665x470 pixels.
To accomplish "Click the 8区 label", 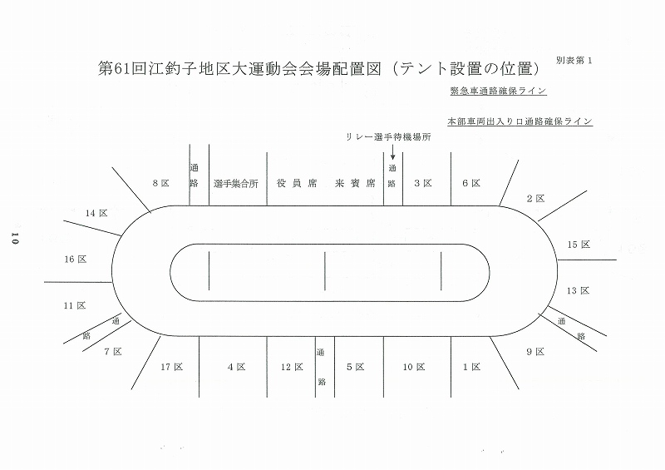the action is pyautogui.click(x=161, y=183).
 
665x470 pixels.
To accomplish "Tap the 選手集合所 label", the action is pyautogui.click(x=236, y=184).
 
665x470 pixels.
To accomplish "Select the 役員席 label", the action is pyautogui.click(x=297, y=183).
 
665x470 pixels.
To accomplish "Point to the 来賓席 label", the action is pyautogui.click(x=355, y=183).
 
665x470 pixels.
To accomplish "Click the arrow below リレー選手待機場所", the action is pyautogui.click(x=392, y=152).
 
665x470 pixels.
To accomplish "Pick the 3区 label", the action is pyautogui.click(x=423, y=183).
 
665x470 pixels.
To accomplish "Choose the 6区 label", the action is pyautogui.click(x=471, y=183).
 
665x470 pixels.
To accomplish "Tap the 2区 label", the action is pyautogui.click(x=535, y=199).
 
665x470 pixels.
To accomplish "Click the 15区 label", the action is pyautogui.click(x=579, y=245).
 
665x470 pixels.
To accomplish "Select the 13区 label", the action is pyautogui.click(x=579, y=291).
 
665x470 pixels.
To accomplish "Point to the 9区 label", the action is pyautogui.click(x=535, y=352).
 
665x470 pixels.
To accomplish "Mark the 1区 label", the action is pyautogui.click(x=471, y=367).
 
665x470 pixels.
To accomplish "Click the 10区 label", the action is pyautogui.click(x=414, y=367).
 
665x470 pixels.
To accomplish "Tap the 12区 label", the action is pyautogui.click(x=292, y=367).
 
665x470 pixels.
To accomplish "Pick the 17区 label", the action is pyautogui.click(x=172, y=367).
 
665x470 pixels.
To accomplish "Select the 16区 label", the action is pyautogui.click(x=76, y=260).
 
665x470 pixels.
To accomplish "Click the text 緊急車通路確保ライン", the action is pyautogui.click(x=498, y=91).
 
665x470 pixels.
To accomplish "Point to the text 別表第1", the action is pyautogui.click(x=574, y=60).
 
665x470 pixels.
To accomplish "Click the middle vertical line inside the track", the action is pyautogui.click(x=325, y=271).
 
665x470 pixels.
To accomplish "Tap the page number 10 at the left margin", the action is pyautogui.click(x=15, y=238).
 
